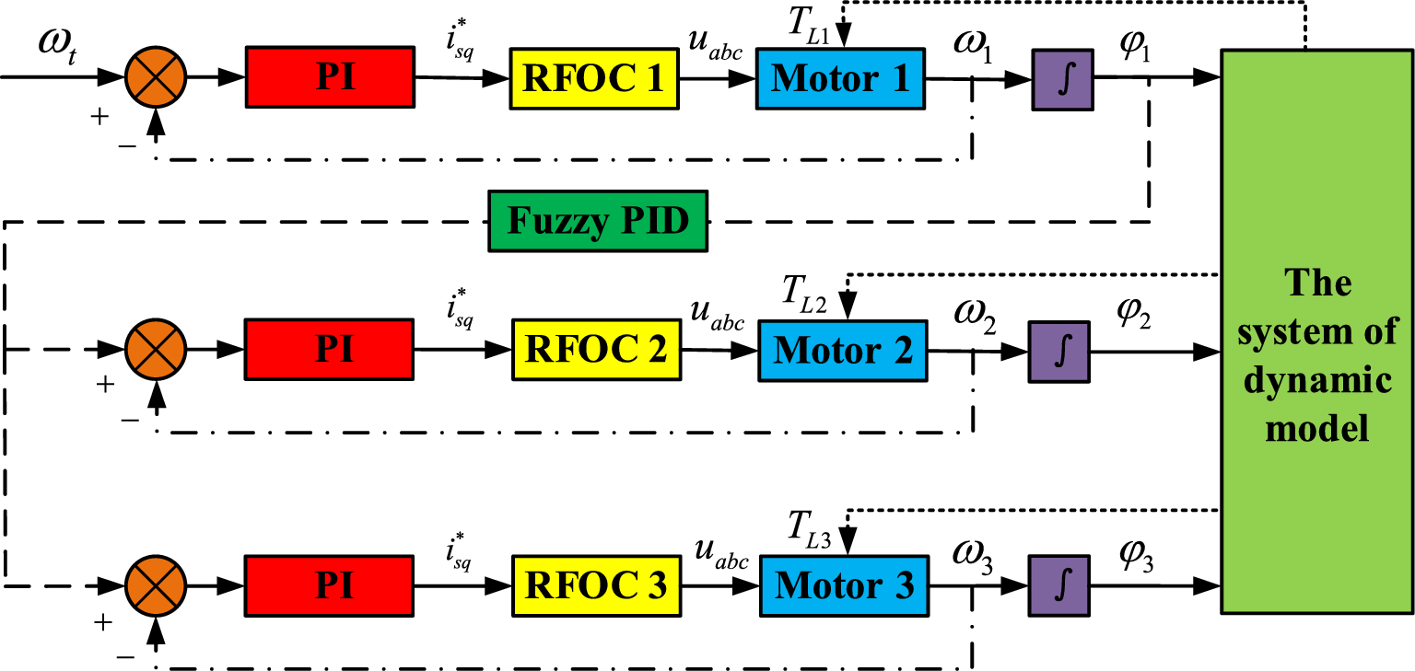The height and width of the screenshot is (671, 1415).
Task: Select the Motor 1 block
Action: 839,79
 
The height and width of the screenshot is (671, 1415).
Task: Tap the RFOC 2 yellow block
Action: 595,351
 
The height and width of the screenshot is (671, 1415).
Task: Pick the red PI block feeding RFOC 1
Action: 330,78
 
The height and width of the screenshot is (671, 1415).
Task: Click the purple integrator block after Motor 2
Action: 1059,352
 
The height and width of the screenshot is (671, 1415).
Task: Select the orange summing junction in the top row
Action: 156,77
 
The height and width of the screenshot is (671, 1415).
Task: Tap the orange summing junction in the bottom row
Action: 156,585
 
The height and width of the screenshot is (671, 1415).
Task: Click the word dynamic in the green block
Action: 1318,381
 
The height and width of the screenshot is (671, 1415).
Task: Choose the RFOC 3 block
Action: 595,586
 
